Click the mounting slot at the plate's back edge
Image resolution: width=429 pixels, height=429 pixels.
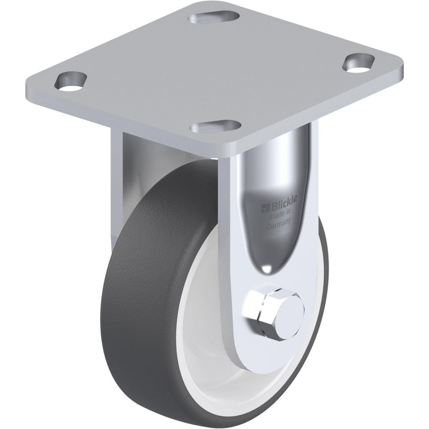pos(214,17)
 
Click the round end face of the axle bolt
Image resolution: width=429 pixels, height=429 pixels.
pos(289,310)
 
